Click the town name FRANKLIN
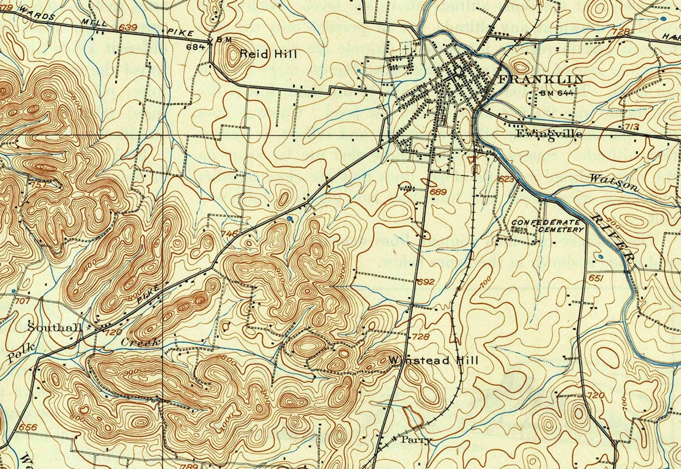point(541,79)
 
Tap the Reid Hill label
point(268,54)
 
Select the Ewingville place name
point(549,134)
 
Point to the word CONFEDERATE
point(545,222)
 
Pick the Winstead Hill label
point(434,360)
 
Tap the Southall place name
point(55,328)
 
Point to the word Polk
point(22,352)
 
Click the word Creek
point(140,341)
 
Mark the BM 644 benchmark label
point(555,93)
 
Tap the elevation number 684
point(194,46)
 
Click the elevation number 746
point(230,233)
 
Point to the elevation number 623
point(505,178)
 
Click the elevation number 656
point(28,426)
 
